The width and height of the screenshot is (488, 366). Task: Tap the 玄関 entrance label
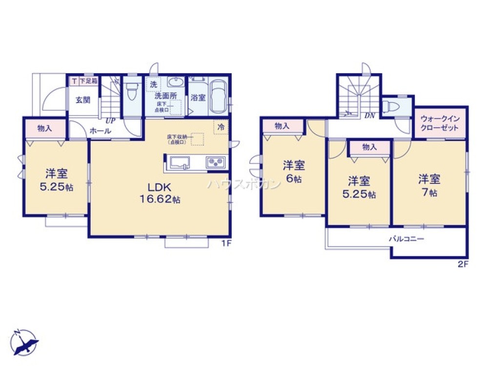pos(82,100)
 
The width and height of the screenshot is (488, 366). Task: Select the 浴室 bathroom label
pos(198,97)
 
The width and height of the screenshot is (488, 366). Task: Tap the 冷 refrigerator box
pos(221,126)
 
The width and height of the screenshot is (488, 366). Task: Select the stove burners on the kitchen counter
pos(215,162)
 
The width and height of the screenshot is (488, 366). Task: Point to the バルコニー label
pos(407,240)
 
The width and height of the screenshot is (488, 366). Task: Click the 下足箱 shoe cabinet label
pos(88,81)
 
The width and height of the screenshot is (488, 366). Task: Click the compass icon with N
pos(24,341)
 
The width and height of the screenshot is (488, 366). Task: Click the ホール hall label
pos(100,131)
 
